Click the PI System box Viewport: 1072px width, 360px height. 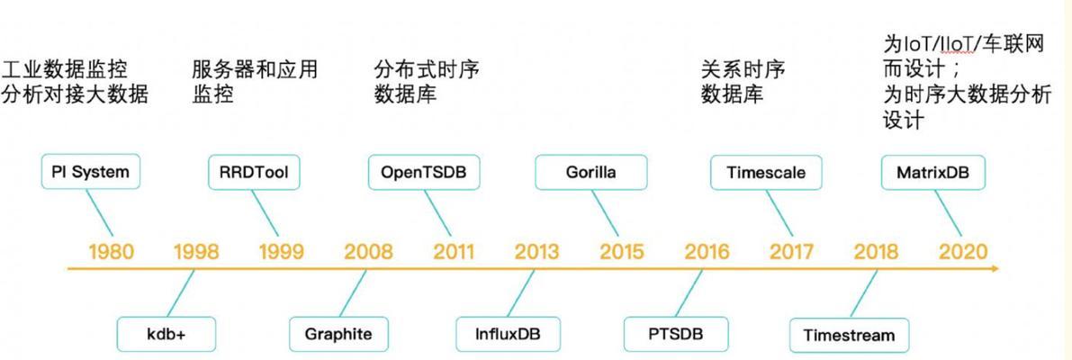[90, 172]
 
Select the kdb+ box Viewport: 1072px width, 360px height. [167, 335]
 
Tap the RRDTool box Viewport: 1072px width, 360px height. [255, 172]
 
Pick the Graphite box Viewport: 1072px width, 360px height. [338, 335]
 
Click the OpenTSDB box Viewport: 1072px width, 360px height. [423, 172]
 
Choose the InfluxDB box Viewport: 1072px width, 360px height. [508, 335]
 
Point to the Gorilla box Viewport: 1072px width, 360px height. [590, 172]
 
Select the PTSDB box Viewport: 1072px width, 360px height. [675, 335]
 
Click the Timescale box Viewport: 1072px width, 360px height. [766, 172]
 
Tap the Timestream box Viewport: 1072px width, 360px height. [849, 335]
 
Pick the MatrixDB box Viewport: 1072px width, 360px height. [933, 172]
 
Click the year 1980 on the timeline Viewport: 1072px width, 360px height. [112, 251]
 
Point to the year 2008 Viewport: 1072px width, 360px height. [368, 251]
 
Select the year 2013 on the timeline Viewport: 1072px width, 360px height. [536, 251]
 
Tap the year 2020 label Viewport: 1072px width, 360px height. [963, 251]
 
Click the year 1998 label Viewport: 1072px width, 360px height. [197, 251]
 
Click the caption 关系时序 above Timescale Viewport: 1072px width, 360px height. [743, 69]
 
